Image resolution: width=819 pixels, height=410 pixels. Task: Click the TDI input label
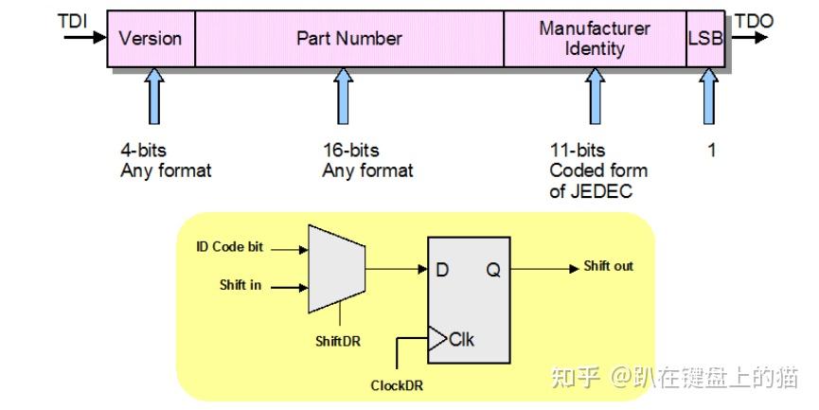click(72, 20)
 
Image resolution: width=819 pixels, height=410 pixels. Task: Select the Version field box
click(151, 39)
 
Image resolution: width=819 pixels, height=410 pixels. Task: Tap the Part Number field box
click(348, 39)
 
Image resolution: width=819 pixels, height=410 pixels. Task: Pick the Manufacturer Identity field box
click(595, 39)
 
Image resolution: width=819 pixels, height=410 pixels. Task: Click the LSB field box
click(705, 39)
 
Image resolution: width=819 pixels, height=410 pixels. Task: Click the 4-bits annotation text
click(145, 151)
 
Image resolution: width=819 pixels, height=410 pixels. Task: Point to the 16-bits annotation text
click(350, 151)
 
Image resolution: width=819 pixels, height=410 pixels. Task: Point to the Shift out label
click(608, 266)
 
